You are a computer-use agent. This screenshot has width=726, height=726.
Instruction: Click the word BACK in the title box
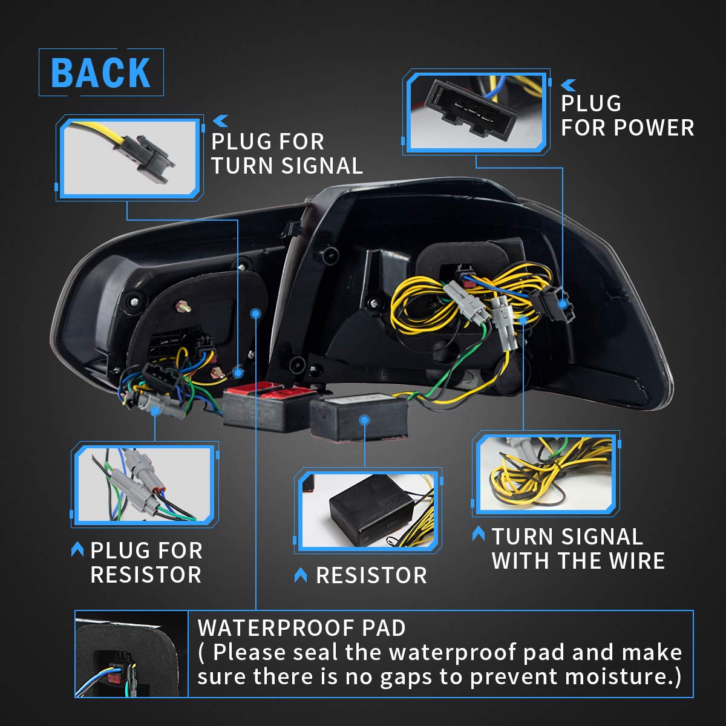(100, 73)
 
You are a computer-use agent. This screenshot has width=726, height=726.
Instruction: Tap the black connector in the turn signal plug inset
(149, 159)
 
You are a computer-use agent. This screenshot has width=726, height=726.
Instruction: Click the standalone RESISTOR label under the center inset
(371, 575)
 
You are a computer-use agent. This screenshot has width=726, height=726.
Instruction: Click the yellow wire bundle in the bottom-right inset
(546, 476)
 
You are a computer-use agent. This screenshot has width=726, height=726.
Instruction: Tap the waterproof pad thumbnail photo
(131, 654)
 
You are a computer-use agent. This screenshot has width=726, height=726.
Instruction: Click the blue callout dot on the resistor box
(365, 420)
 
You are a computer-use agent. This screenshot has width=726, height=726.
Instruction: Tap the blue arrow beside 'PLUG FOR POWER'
(569, 85)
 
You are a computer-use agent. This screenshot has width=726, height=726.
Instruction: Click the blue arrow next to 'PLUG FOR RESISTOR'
(77, 549)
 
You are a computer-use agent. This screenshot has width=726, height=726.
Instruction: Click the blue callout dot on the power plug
(563, 304)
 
